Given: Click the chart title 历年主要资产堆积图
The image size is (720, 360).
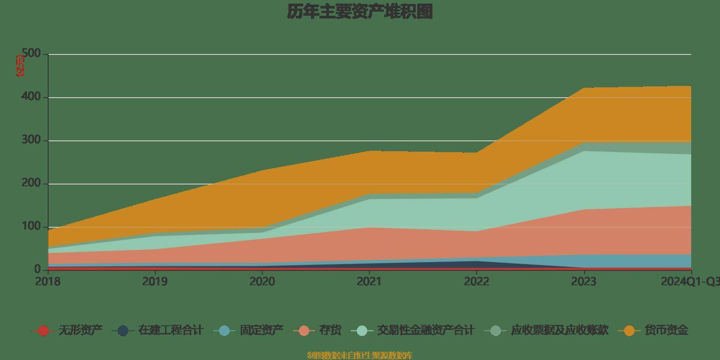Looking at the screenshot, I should tap(360, 12).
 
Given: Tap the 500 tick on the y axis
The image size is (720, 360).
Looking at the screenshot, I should tap(31, 54).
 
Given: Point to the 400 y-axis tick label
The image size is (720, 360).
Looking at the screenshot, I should tap(31, 97).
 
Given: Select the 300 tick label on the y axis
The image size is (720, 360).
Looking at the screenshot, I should tap(31, 140).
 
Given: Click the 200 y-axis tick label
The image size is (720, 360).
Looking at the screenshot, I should tap(31, 184).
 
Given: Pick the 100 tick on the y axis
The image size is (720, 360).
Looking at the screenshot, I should tap(31, 227).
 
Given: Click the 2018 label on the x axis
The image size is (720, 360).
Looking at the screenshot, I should tap(48, 282).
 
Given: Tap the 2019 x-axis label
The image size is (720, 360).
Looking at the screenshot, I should tap(155, 282).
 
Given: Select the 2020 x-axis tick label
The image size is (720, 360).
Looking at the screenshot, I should tap(262, 282).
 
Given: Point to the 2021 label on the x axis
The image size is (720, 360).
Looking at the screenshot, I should tap(369, 282).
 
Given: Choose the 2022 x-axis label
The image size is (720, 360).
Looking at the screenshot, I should tap(477, 282).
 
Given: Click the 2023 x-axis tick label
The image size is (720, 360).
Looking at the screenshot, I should tap(584, 282).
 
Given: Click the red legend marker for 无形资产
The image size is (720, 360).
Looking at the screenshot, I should tap(43, 331).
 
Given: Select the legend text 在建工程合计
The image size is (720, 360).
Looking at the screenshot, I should tap(171, 331).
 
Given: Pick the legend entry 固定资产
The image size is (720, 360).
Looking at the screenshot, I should tap(261, 331).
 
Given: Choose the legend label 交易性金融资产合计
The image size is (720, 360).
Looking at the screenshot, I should tap(425, 331).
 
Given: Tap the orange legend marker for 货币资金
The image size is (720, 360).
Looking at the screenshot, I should tap(629, 331).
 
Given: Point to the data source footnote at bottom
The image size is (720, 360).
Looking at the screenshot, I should tap(360, 355).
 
